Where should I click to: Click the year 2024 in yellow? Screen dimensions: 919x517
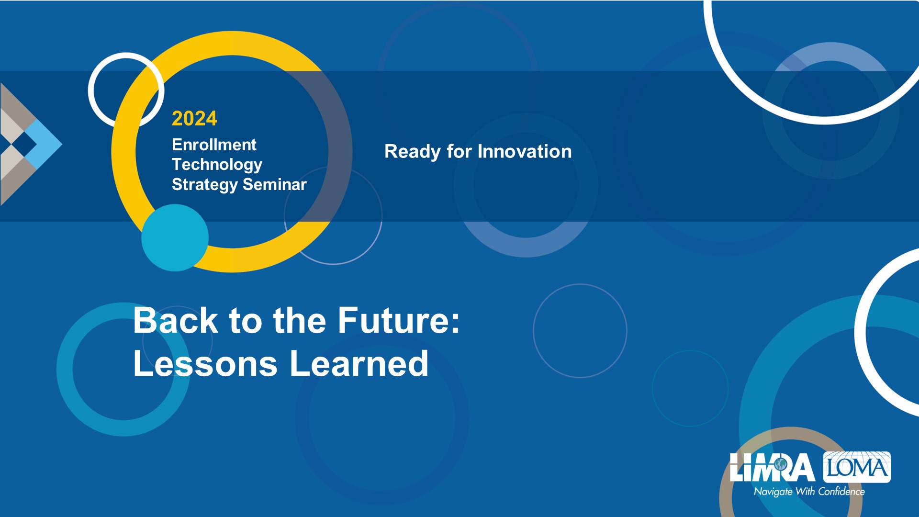pos(194,119)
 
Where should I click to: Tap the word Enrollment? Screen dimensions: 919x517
pos(214,145)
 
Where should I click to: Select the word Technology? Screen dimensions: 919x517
pos(217,165)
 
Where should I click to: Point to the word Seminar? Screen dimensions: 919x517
pos(275,184)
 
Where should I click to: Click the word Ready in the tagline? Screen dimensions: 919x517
pos(413,152)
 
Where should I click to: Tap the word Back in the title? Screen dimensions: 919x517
pos(176,320)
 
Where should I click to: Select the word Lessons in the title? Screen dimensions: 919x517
pos(205,363)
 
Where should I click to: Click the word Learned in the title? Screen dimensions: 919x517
pos(359,363)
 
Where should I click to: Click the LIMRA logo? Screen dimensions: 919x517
pos(772,467)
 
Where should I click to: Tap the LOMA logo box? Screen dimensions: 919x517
pos(857,467)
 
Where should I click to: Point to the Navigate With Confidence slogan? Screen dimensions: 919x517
pos(809,492)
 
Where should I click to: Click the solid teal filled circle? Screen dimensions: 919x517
pos(175,238)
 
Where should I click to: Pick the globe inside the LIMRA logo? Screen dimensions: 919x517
pos(781,464)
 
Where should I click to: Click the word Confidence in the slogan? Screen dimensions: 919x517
pos(841,492)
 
